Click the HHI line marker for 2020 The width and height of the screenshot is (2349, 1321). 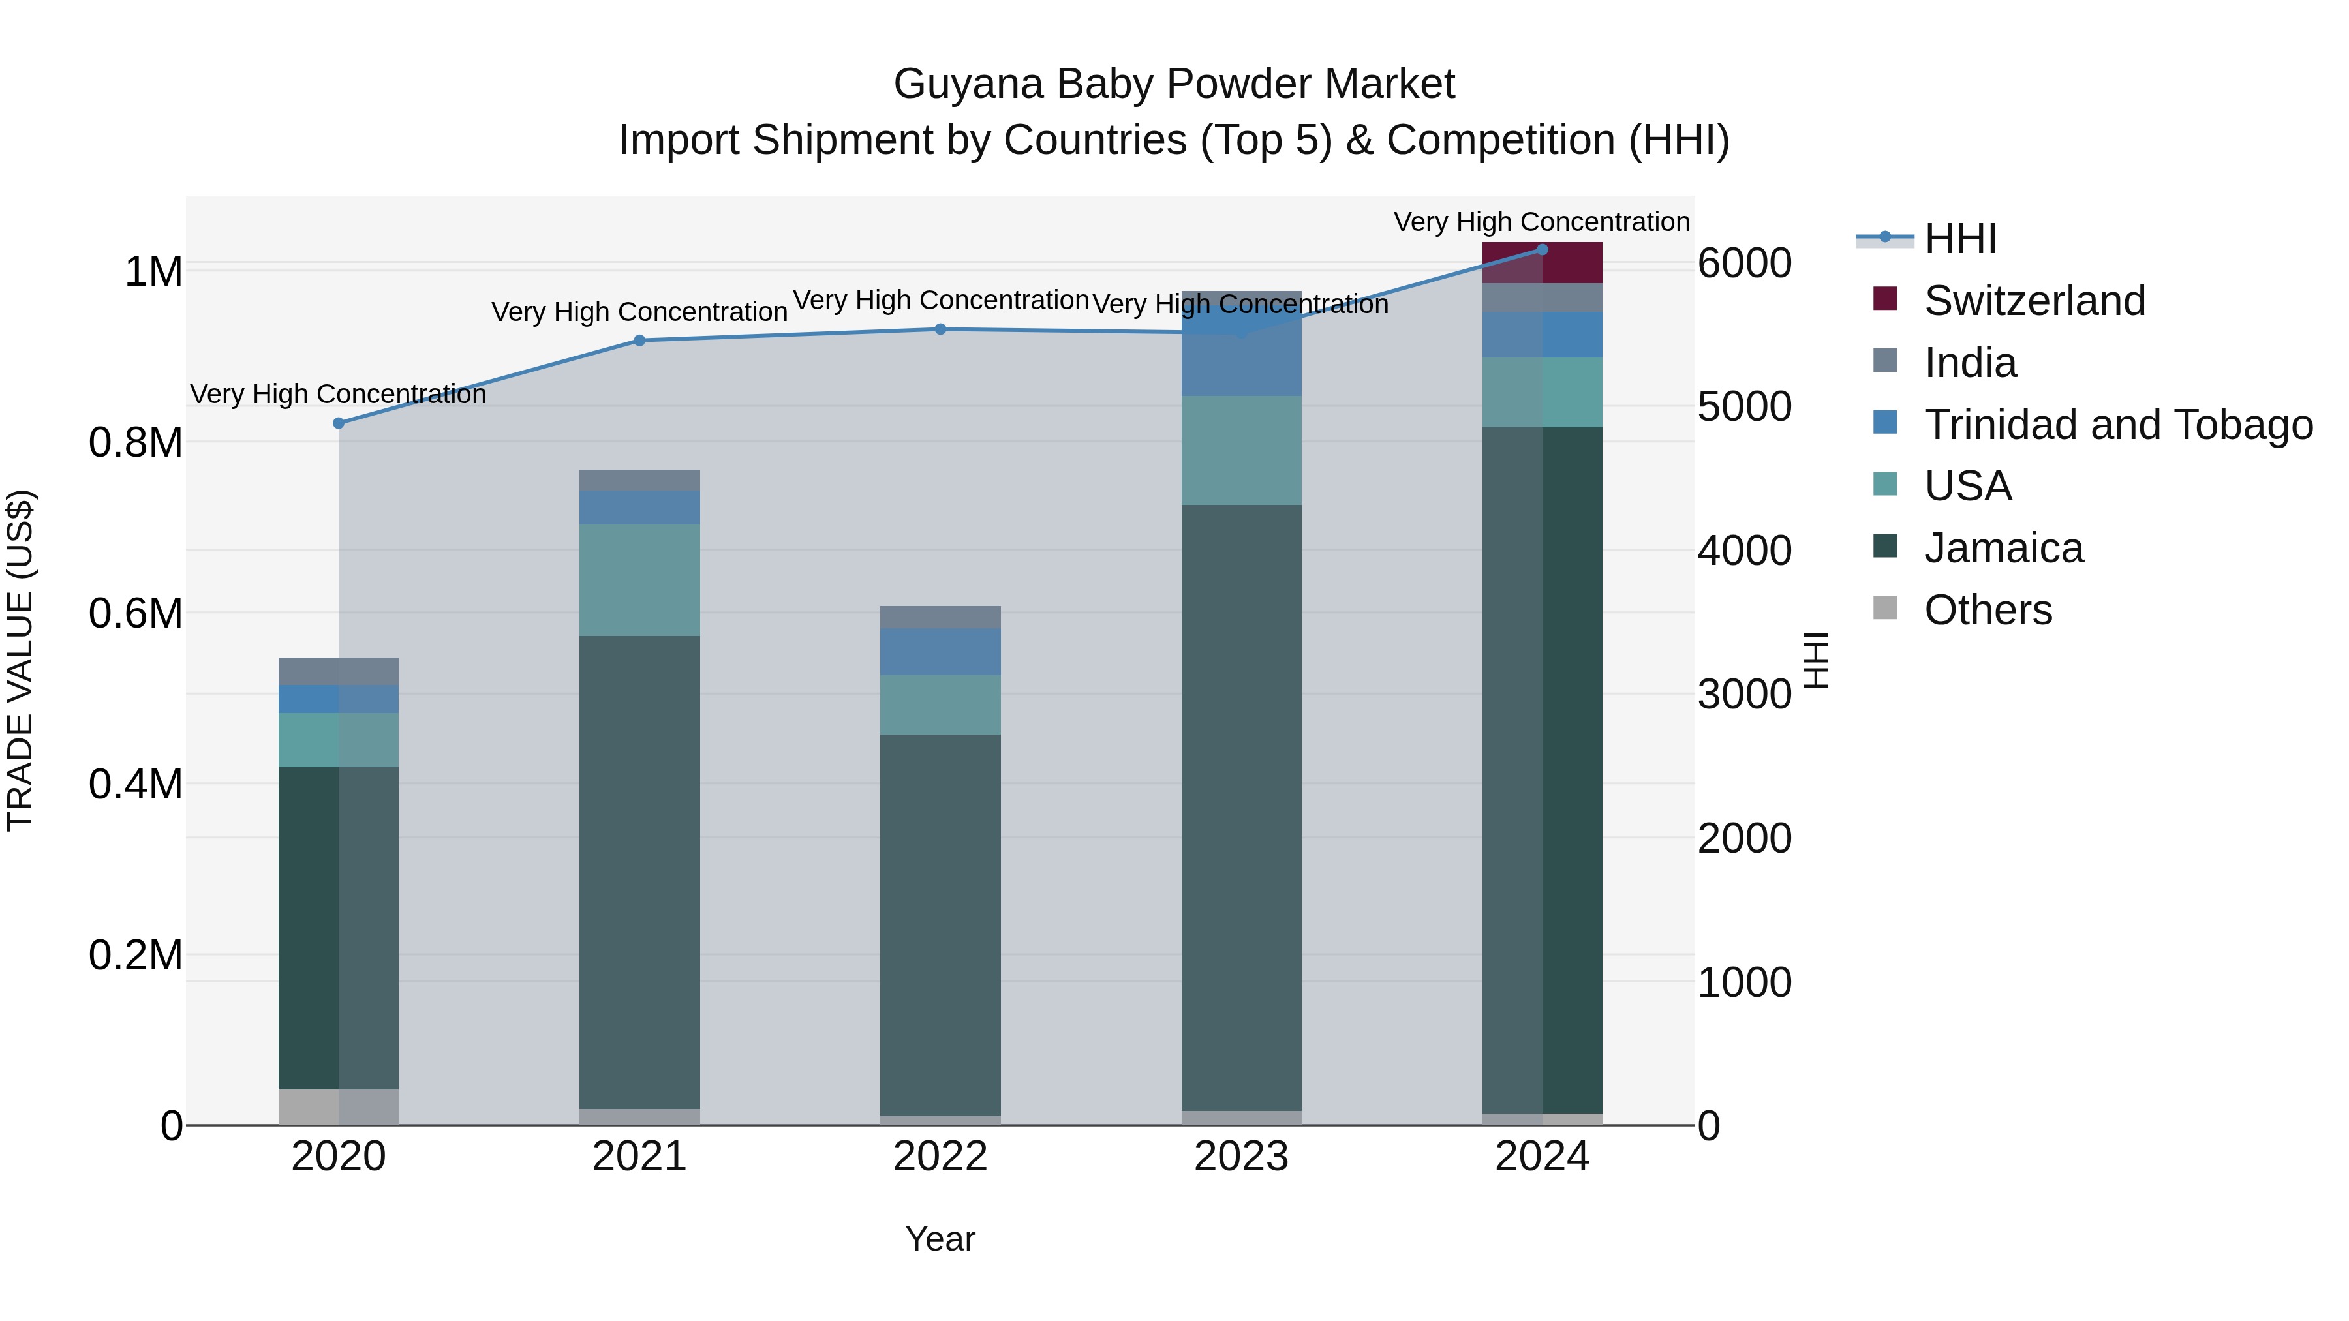point(338,423)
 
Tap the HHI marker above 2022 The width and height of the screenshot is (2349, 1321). point(940,329)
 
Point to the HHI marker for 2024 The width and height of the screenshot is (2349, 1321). point(1542,249)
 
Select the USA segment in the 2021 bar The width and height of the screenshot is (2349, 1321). point(639,580)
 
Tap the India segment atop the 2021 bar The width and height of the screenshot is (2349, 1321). point(639,480)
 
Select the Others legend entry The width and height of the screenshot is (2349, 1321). point(1988,610)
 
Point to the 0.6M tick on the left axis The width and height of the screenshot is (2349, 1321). point(135,614)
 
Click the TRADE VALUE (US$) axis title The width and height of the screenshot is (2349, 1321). point(20,660)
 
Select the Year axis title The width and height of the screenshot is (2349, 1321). point(940,1239)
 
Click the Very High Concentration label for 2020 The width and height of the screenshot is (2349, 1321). point(337,395)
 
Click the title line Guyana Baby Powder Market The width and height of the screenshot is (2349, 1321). point(1174,84)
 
